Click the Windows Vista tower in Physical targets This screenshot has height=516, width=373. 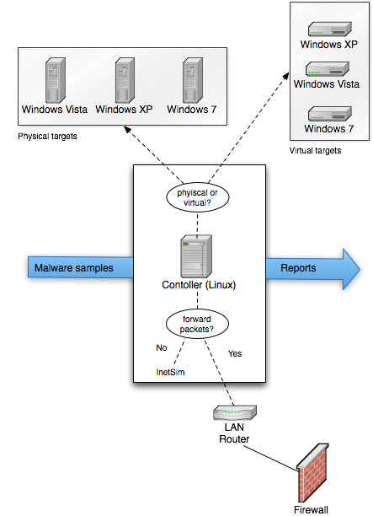pos(56,80)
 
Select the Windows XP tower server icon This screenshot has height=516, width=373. pos(125,80)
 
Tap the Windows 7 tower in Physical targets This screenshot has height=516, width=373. pos(193,80)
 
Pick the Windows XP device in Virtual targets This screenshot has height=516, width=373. pos(330,29)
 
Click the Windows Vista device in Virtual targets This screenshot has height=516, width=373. pos(328,69)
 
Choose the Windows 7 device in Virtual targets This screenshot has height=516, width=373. pos(330,114)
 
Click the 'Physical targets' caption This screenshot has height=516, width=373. pos(47,137)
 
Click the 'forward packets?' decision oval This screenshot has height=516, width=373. pos(197,324)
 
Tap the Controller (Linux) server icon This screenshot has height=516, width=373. pos(196,256)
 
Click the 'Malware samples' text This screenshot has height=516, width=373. pos(74,268)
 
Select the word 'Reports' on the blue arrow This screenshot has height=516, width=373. pos(298,268)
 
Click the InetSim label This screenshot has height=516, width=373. pos(170,372)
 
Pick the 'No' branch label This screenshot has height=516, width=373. pos(162,348)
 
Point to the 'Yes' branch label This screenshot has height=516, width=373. pos(235,354)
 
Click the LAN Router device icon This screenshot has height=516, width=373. pos(235,412)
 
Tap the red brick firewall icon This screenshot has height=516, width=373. pos(312,472)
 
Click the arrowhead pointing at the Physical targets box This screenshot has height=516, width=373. pos(127,130)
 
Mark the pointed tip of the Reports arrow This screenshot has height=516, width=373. pos(360,269)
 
